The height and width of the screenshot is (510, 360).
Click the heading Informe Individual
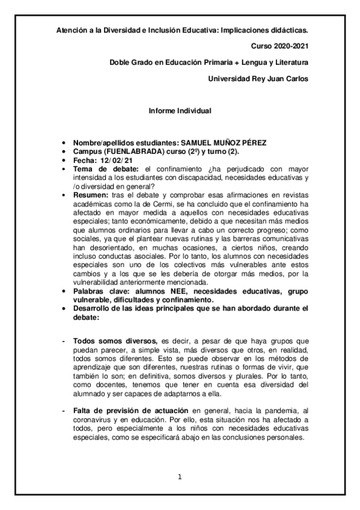[x=180, y=111]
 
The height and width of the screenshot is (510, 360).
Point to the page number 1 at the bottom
[x=180, y=478]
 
